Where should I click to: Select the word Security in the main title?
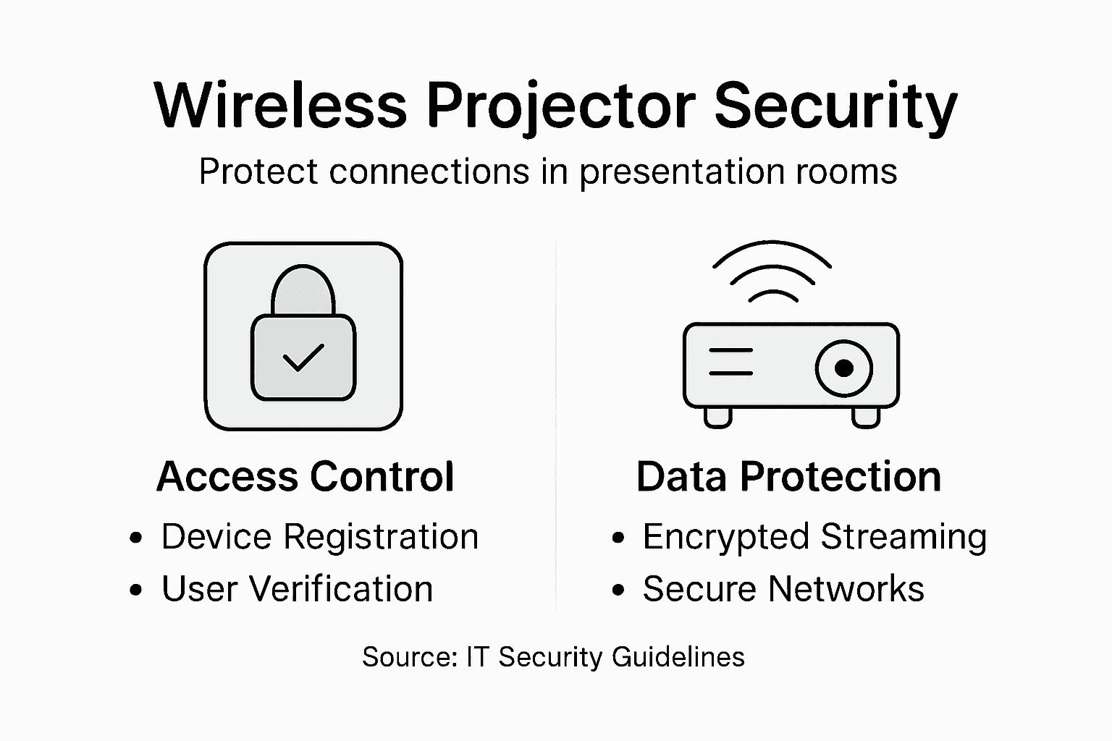click(835, 106)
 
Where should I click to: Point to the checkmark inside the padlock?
click(303, 357)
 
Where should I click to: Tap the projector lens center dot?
click(843, 368)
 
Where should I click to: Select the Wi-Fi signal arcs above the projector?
click(772, 271)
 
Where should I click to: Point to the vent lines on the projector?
click(730, 362)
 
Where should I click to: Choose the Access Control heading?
click(305, 477)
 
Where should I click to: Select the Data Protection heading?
click(788, 477)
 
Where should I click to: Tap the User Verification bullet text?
click(297, 589)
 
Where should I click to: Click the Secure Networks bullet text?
click(783, 589)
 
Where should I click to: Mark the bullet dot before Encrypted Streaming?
click(618, 538)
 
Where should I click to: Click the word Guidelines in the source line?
click(678, 657)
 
